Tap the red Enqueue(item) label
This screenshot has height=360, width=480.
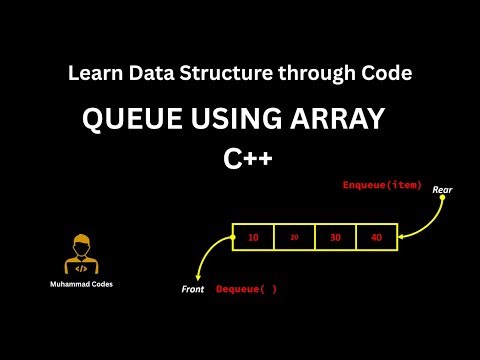(x=382, y=185)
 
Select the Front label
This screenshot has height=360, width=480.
(x=192, y=289)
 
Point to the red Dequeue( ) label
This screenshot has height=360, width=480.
(x=246, y=289)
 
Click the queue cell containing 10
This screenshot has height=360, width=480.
(x=253, y=237)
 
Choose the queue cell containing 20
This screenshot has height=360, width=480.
(x=294, y=237)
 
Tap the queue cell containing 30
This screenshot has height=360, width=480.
(x=335, y=237)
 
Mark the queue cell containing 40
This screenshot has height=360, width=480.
(x=376, y=237)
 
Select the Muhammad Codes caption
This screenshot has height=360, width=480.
(x=82, y=284)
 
